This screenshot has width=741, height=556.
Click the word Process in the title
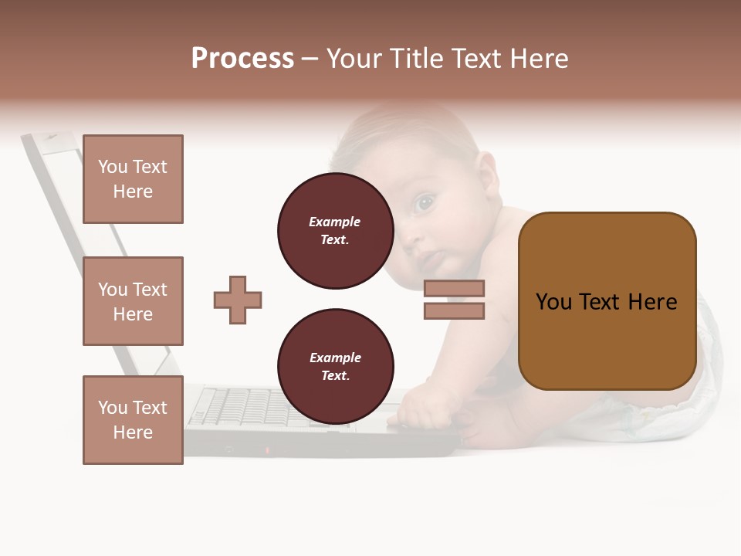242,59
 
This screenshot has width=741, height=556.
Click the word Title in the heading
415,59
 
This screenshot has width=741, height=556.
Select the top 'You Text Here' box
133,179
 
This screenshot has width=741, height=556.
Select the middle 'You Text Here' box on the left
133,301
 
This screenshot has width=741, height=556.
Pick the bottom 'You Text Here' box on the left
133,420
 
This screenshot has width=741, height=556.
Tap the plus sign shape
238,300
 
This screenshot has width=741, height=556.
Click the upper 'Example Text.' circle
335,230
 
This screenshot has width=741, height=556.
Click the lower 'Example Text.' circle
335,366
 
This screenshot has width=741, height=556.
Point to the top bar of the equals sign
454,288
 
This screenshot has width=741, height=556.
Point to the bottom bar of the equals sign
454,311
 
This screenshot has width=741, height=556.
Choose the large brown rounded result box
607,301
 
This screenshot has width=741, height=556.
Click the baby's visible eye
424,204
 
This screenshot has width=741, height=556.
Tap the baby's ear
487,171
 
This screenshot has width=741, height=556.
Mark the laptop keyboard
247,405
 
